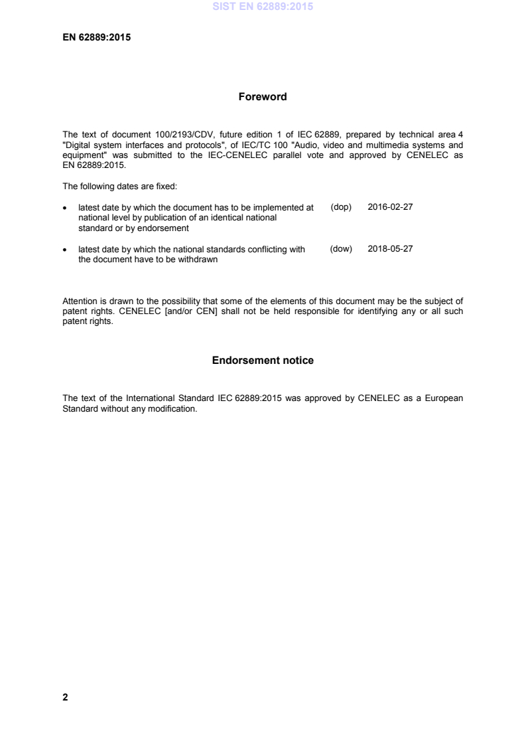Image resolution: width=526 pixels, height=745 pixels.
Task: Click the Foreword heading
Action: click(263, 97)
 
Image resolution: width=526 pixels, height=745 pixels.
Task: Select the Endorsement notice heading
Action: click(263, 361)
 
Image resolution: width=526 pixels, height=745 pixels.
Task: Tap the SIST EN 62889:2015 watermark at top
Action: click(263, 7)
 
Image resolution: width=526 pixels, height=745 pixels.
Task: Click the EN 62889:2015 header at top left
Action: click(96, 37)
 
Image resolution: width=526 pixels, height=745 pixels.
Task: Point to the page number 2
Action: click(65, 697)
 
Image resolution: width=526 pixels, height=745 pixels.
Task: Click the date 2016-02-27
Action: click(390, 207)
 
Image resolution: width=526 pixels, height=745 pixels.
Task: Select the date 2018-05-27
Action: click(390, 249)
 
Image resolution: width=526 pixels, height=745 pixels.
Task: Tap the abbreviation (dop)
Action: click(340, 207)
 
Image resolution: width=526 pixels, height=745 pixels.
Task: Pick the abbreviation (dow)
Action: click(340, 249)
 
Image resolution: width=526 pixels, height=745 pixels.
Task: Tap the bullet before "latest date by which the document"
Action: click(64, 208)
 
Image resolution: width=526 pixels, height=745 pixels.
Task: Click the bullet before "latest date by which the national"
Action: click(64, 250)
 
